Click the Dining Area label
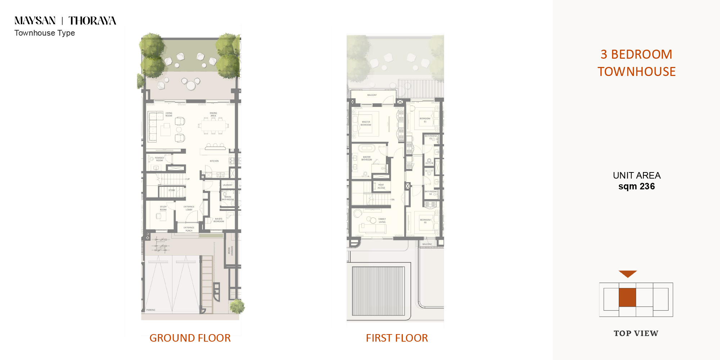(213, 114)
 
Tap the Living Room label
(168, 114)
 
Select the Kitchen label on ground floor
(214, 161)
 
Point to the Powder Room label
(159, 159)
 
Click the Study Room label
(163, 208)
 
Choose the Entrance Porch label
(189, 229)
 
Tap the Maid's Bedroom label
(219, 220)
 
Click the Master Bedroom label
(366, 123)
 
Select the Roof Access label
(381, 186)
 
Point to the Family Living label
(382, 220)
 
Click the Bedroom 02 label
(425, 221)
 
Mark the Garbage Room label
(230, 251)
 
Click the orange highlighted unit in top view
(627, 297)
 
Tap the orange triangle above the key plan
(627, 274)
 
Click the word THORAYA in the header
(92, 21)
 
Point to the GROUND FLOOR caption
(190, 338)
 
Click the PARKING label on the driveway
(151, 310)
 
